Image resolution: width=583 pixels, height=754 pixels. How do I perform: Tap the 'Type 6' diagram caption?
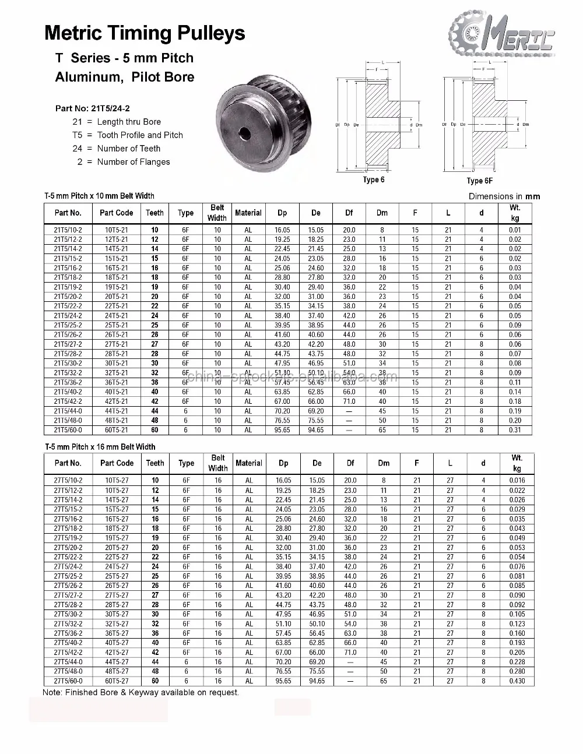374,179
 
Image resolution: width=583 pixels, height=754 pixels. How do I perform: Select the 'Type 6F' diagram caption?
479,181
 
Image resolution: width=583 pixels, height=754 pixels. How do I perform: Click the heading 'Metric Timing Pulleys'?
145,33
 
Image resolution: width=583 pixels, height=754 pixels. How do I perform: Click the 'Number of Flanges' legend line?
134,162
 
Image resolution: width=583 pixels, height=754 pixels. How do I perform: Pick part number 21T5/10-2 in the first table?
68,230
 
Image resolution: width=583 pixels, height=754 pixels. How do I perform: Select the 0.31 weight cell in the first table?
515,430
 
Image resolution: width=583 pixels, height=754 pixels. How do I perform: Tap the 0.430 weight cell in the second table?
517,681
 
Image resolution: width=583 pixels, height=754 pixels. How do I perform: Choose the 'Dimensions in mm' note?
504,196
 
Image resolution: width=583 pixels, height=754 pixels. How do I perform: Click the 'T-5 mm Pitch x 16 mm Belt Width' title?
100,447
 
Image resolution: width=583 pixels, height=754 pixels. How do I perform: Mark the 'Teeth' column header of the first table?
155,213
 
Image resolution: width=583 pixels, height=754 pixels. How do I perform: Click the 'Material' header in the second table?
249,463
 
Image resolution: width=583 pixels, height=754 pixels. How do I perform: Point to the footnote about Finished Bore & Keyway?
141,693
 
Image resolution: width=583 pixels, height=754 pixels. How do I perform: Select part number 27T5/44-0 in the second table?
68,662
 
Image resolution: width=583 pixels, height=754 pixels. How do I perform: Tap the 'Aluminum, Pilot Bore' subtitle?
125,77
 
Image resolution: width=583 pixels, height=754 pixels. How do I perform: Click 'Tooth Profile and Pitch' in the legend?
140,135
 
